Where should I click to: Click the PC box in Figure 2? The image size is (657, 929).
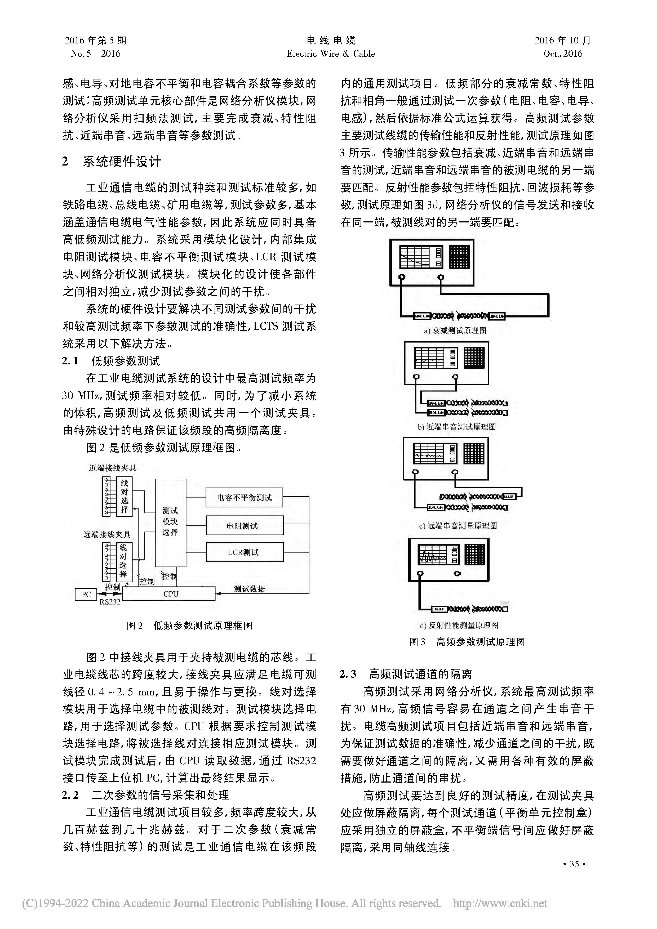(86, 594)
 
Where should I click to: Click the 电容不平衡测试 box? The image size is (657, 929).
(244, 498)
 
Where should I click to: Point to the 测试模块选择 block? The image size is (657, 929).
(170, 522)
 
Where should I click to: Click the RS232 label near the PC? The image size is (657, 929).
(110, 602)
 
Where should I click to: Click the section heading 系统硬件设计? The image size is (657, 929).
(121, 162)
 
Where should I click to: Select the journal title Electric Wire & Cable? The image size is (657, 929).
(331, 54)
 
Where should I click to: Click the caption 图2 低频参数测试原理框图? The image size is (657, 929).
(189, 626)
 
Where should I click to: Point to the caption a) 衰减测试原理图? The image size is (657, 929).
(455, 330)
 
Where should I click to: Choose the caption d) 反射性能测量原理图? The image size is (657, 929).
(459, 626)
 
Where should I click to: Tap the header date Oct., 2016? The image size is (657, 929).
(563, 54)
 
